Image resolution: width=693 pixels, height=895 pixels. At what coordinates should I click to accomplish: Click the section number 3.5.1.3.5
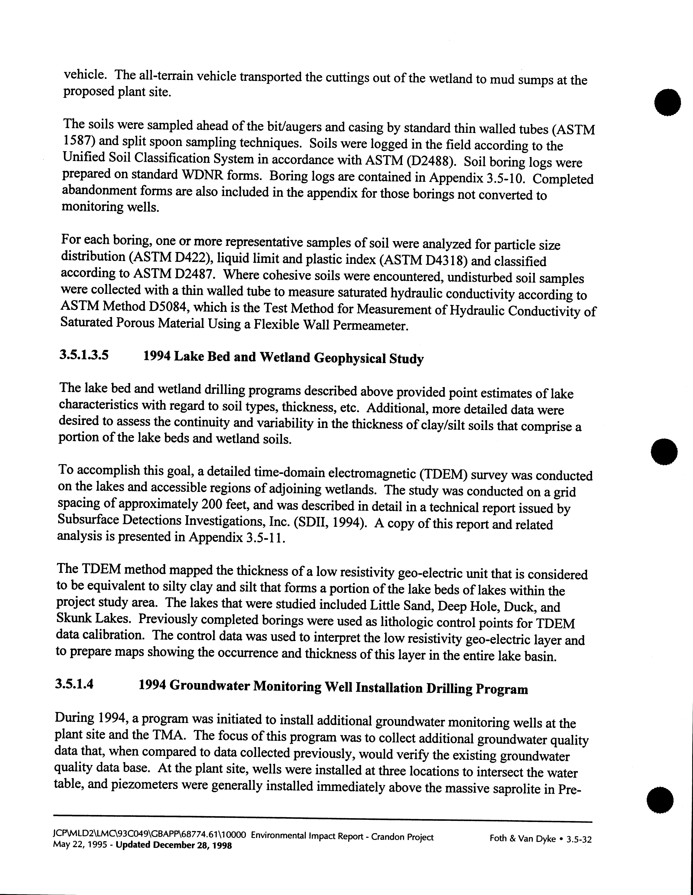(84, 355)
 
